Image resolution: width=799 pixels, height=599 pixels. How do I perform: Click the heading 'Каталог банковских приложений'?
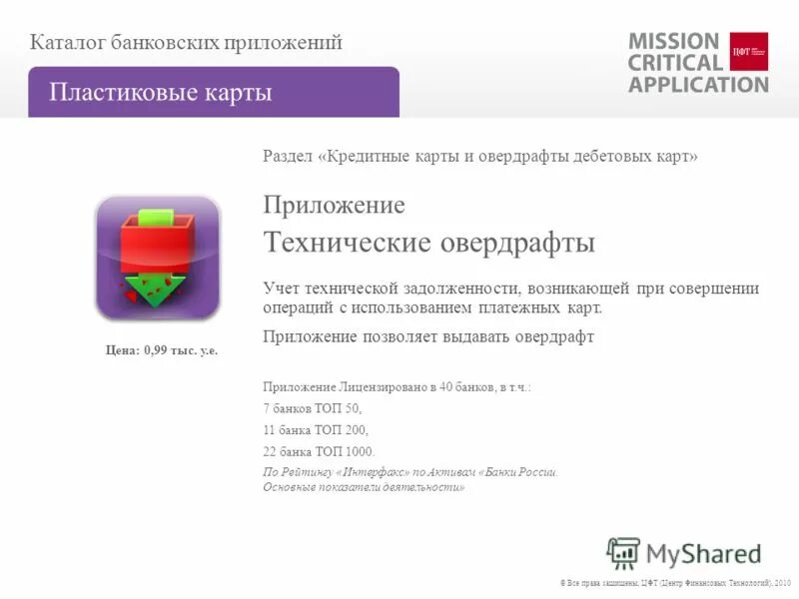coord(186,42)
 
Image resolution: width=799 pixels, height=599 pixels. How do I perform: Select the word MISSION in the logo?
coord(673,41)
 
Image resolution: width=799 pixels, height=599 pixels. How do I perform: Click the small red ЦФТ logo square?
coord(749,51)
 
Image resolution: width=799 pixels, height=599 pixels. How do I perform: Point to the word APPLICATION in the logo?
coord(698,84)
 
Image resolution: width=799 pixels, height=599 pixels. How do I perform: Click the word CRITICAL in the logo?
coord(675,62)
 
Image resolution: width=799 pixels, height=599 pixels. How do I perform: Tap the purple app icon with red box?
coord(157,258)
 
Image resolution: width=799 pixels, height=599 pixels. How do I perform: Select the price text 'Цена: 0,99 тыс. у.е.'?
coord(162,349)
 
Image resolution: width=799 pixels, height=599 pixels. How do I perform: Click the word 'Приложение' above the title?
coord(334,206)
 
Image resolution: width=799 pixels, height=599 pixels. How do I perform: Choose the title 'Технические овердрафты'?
coord(428,243)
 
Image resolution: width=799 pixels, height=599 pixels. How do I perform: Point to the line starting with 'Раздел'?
coord(479,157)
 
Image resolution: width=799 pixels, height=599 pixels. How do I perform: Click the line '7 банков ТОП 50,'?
coord(312,408)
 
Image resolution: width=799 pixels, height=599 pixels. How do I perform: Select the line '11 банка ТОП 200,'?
coord(316,430)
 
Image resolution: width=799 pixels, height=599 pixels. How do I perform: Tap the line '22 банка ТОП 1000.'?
coord(319,451)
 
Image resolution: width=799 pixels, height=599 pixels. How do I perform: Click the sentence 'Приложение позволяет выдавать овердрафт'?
coord(428,336)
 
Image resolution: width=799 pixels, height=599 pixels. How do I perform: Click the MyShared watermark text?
coord(703,553)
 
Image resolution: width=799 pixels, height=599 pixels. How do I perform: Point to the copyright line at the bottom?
coord(675,582)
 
